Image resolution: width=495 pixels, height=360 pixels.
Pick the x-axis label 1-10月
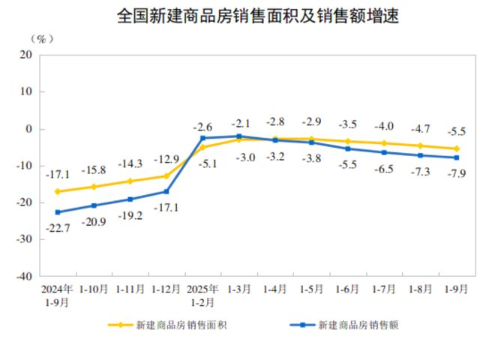coord(93,289)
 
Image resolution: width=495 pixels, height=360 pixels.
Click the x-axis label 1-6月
coord(348,289)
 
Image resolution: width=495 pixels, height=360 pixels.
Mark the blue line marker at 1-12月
coord(166,192)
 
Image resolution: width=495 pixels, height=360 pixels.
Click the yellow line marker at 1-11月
coord(130,181)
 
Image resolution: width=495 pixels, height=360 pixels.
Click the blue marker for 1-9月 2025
coord(457,157)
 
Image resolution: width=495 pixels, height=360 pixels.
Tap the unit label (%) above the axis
coord(42,38)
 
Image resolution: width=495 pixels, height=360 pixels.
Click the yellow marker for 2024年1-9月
coord(57,191)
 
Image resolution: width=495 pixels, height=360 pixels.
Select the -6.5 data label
coord(385,169)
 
